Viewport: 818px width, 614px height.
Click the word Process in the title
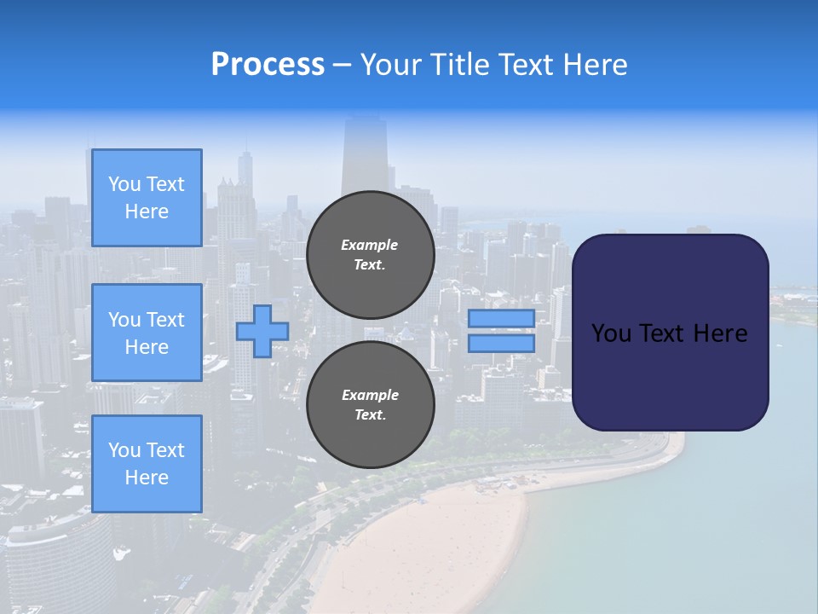268,65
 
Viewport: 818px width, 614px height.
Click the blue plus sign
262,331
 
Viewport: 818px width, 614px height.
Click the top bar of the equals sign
501,319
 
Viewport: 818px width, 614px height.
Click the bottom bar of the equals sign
501,344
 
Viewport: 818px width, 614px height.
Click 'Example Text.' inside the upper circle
370,254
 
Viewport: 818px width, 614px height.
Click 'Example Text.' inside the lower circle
370,404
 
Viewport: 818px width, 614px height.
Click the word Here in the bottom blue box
147,478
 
